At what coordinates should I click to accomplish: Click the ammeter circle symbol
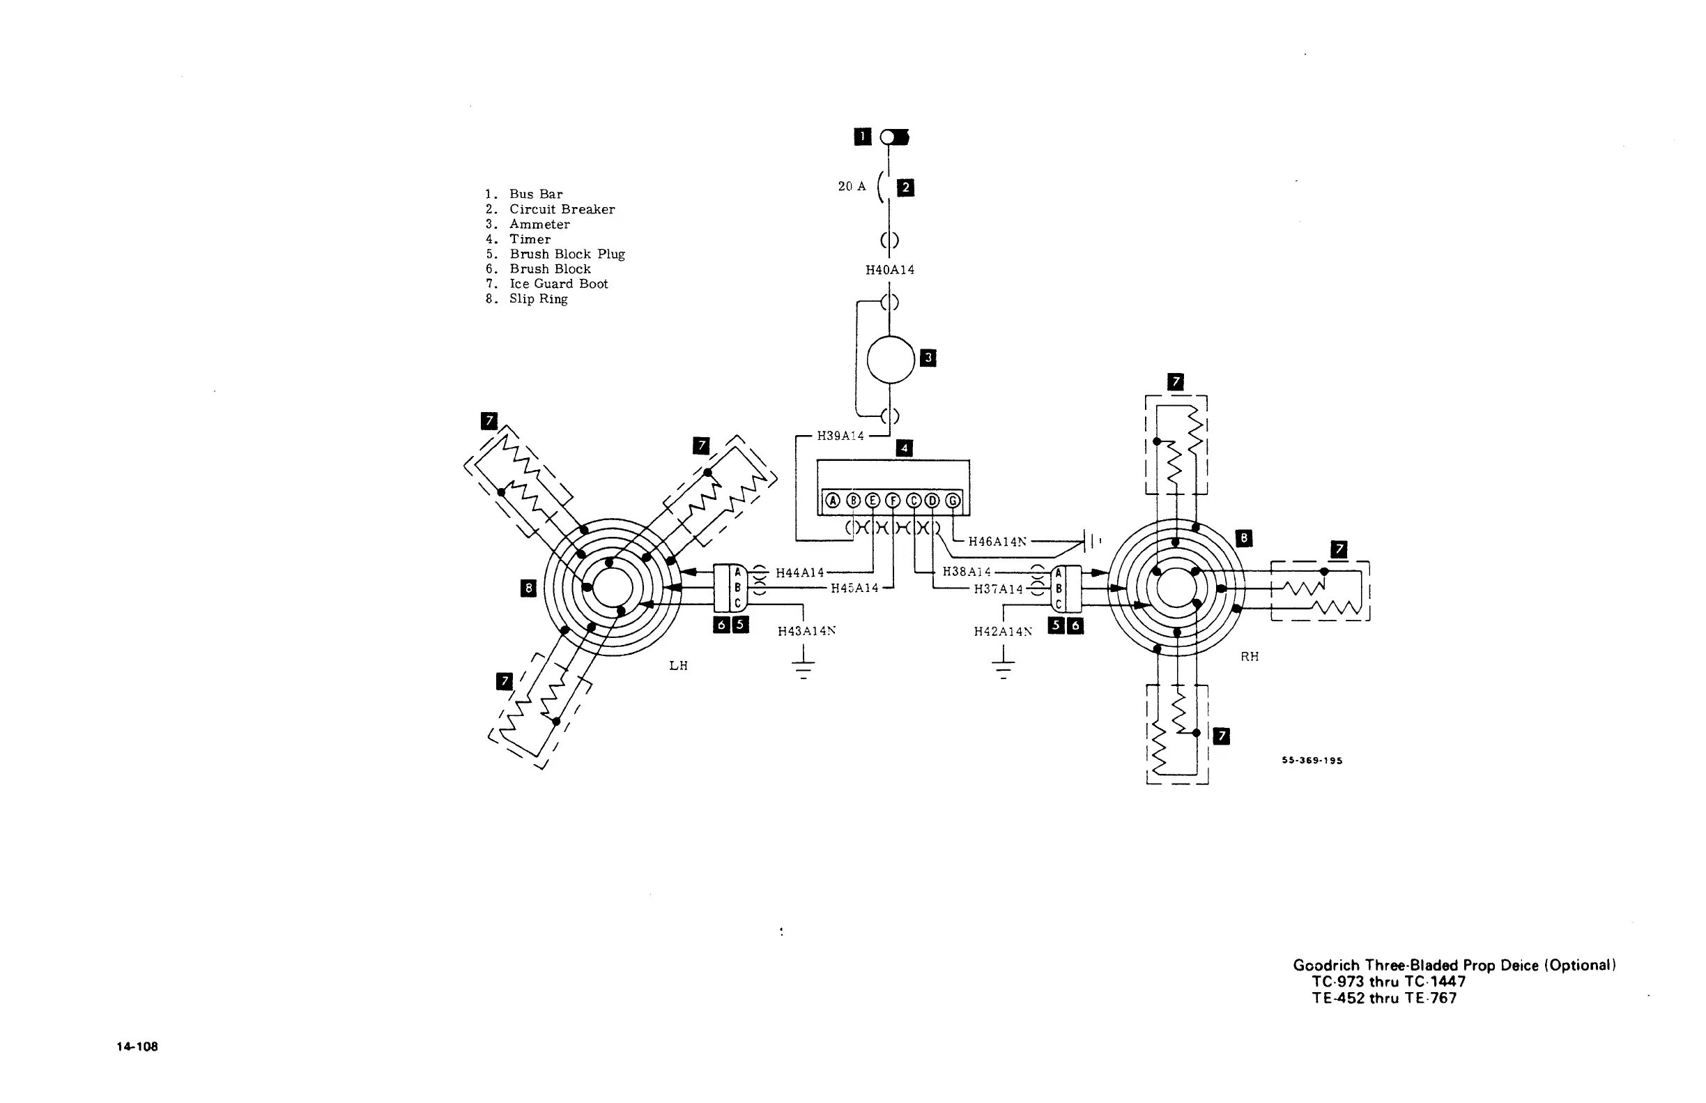click(x=891, y=360)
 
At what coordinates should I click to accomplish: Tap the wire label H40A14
click(x=890, y=270)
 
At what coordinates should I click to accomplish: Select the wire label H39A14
click(x=840, y=436)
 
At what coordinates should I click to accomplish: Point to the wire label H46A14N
click(x=997, y=542)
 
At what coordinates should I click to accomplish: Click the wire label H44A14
click(x=799, y=573)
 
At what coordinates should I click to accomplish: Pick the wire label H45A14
click(x=854, y=588)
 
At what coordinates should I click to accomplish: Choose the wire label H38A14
click(x=967, y=572)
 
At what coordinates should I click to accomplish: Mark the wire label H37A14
click(x=998, y=588)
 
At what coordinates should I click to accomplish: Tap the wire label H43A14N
click(x=807, y=631)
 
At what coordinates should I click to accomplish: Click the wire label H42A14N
click(x=1003, y=631)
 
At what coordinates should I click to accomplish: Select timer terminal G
click(x=953, y=501)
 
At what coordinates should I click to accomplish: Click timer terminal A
click(x=833, y=501)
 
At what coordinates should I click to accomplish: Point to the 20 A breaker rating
click(x=852, y=186)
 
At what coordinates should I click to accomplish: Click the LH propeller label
click(x=678, y=665)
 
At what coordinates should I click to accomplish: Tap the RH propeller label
click(x=1250, y=656)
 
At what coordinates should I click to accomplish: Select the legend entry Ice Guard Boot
click(x=558, y=284)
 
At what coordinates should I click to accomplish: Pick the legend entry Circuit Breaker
click(x=562, y=209)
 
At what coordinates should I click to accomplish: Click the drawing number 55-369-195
click(x=1312, y=761)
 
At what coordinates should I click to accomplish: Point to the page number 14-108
click(x=137, y=1047)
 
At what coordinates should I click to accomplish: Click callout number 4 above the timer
click(x=904, y=448)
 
